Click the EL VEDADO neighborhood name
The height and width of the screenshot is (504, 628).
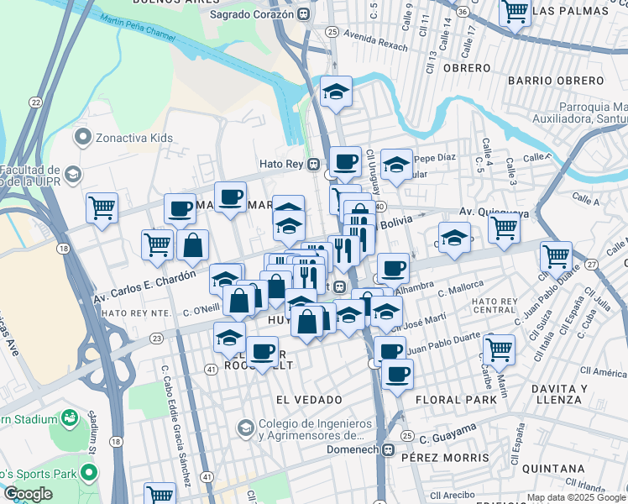pos(308,400)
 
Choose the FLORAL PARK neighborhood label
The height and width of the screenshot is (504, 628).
pos(463,400)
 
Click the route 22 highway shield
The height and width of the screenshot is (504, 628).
pos(35,102)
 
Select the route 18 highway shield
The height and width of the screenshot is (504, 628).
pos(63,249)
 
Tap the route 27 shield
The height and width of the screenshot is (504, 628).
pos(592,264)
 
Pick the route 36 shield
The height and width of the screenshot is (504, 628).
pos(463,11)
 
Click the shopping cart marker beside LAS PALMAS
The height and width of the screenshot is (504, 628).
pos(514,13)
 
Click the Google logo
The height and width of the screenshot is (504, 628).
pos(28,494)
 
